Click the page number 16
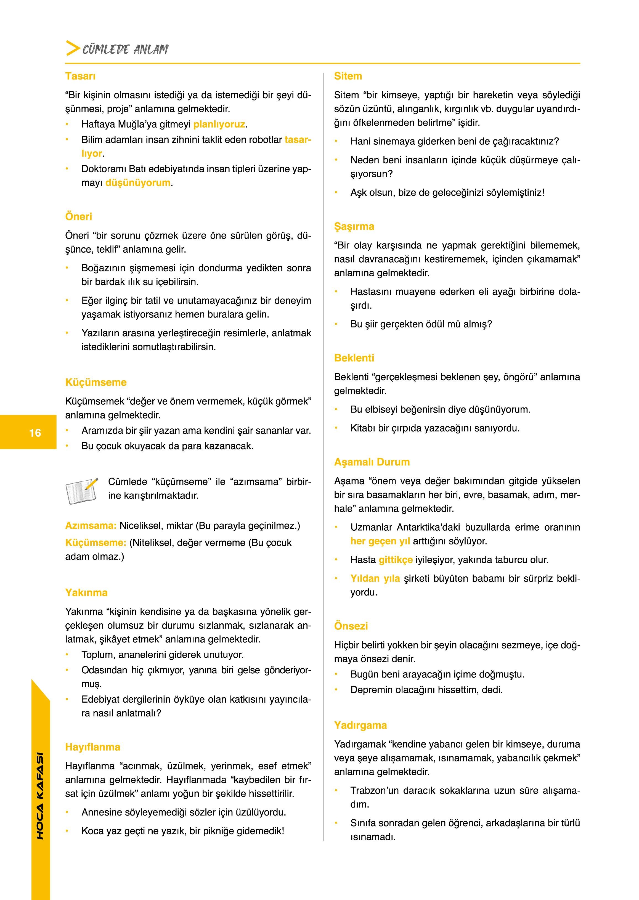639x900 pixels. point(35,433)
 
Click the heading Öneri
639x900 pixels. point(78,216)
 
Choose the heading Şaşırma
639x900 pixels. point(354,226)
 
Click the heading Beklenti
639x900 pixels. point(354,358)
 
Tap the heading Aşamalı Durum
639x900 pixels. point(372,462)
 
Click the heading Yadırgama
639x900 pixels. point(360,725)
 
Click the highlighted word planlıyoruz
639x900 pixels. point(219,124)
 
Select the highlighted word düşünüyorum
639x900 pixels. point(138,182)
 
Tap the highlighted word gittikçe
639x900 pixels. point(396,560)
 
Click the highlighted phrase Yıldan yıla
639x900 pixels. point(375,578)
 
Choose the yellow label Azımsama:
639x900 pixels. point(91,525)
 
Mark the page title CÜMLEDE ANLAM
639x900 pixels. point(125,50)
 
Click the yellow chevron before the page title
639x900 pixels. point(72,48)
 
